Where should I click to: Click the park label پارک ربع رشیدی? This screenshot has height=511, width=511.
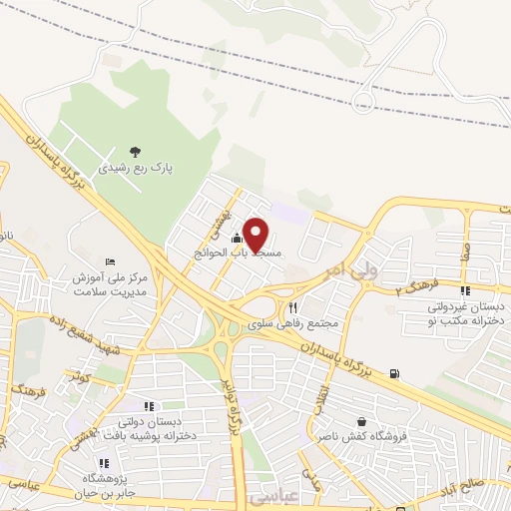[136, 169]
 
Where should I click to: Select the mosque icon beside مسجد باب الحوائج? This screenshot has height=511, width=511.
[237, 239]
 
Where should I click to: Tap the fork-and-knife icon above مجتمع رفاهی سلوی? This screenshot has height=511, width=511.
[292, 307]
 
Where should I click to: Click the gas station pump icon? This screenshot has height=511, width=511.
[396, 373]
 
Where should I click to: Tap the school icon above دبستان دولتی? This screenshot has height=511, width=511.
[149, 406]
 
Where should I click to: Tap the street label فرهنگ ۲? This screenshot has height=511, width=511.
[412, 288]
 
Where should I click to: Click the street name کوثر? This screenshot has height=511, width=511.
[79, 377]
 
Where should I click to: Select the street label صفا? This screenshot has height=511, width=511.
[465, 257]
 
